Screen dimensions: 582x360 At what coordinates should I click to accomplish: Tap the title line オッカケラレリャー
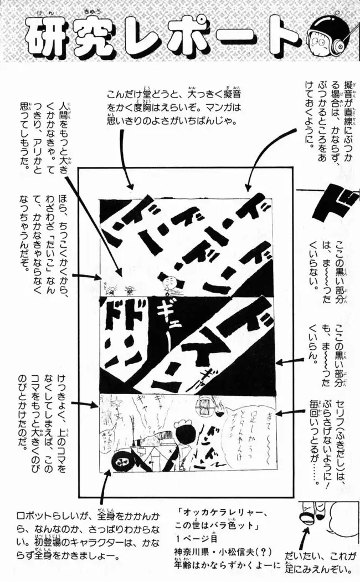click(221, 513)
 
